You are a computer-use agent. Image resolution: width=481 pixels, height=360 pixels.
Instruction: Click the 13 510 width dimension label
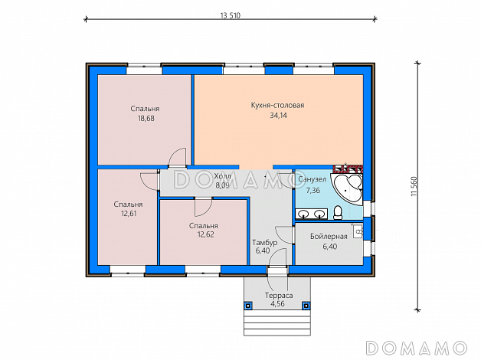[231, 15]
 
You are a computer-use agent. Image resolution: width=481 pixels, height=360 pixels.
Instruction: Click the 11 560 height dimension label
[414, 186]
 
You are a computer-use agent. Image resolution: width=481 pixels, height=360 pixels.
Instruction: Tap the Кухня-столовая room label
[277, 105]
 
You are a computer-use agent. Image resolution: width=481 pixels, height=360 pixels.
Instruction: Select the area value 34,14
[278, 116]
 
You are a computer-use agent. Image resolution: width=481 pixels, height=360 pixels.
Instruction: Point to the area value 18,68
[146, 119]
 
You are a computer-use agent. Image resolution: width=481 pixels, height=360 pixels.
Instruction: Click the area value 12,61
[129, 214]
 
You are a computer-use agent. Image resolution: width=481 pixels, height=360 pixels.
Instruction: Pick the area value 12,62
[205, 234]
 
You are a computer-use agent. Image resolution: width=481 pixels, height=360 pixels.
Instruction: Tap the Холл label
[222, 176]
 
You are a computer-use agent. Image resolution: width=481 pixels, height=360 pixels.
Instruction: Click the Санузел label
[312, 179]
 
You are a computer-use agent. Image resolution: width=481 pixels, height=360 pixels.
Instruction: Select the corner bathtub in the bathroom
[348, 189]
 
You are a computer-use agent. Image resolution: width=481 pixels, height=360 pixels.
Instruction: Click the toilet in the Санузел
[338, 212]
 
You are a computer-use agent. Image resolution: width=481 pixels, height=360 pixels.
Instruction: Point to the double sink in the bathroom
[312, 214]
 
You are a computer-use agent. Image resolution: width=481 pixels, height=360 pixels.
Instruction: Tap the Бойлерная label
[329, 237]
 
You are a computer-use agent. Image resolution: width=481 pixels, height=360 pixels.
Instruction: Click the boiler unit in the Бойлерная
[358, 231]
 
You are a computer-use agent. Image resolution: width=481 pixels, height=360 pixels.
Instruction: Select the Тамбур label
[265, 243]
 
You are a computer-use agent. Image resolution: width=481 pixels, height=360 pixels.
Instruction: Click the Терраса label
[279, 296]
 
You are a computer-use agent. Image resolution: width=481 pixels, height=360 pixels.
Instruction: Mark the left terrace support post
[248, 306]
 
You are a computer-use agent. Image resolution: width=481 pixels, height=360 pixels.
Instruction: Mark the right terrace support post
[306, 306]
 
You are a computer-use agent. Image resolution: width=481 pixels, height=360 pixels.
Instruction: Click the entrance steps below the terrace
[277, 322]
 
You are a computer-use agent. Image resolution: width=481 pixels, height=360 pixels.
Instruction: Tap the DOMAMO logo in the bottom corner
[417, 348]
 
